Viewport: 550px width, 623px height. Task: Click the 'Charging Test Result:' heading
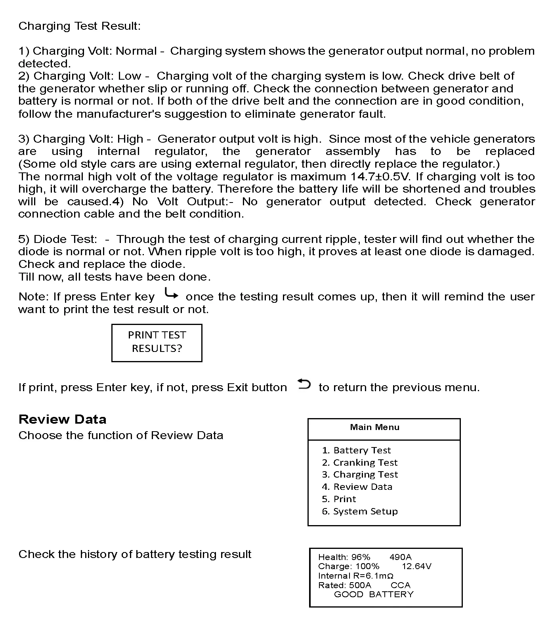(79, 26)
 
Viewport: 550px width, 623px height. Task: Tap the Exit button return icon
(304, 384)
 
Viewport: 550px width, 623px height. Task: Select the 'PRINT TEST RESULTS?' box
(157, 342)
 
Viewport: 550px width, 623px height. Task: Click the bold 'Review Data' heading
(62, 419)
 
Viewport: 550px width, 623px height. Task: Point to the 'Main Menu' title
(374, 427)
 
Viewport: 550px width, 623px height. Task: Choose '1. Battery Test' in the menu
(356, 450)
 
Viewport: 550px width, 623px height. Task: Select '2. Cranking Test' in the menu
(359, 462)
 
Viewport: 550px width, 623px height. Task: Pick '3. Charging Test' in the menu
(360, 474)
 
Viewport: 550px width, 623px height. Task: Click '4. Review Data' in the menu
(357, 487)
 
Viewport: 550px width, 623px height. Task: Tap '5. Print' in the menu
(339, 499)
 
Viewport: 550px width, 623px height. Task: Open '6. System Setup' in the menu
(360, 511)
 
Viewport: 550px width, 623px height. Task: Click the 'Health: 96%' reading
(344, 557)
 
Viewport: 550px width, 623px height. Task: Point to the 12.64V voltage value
(416, 566)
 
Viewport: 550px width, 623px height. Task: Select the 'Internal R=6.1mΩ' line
(355, 576)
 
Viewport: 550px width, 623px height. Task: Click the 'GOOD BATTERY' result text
(374, 594)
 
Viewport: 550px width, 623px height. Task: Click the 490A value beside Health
(401, 557)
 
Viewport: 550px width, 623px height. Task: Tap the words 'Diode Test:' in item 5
(65, 239)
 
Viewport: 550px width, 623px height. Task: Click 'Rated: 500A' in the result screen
(345, 585)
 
